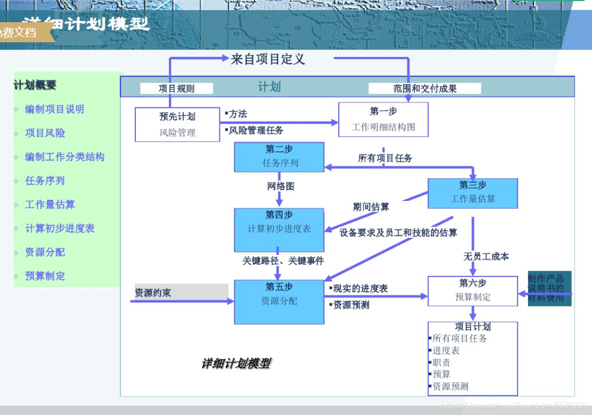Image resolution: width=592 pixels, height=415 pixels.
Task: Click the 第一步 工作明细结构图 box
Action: coord(383,119)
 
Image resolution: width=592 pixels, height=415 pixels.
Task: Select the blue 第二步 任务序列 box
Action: coord(279,156)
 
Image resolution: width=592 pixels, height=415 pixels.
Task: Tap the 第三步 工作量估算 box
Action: coord(473,193)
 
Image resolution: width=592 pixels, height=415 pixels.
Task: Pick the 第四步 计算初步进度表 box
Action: coord(279,229)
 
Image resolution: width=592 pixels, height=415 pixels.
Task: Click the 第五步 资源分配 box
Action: coord(279,301)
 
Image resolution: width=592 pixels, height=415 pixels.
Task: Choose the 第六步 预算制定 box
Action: coord(473,290)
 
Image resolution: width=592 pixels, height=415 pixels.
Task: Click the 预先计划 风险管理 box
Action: coord(177,125)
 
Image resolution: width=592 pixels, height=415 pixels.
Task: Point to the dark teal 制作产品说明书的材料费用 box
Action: coord(549,288)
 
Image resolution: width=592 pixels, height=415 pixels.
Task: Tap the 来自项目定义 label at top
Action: coord(268,59)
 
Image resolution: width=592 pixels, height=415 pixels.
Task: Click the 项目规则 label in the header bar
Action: coord(177,89)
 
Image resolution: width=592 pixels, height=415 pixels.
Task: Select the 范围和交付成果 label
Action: coord(424,89)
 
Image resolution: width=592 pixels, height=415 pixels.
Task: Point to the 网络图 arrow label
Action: coord(280,186)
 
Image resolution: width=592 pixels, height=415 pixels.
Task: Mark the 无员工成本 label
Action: coord(486,256)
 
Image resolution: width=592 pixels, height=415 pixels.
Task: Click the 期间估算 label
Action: coord(371,207)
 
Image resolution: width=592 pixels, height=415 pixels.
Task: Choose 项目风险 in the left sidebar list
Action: coord(45,133)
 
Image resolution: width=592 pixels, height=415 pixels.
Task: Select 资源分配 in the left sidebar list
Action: coord(45,252)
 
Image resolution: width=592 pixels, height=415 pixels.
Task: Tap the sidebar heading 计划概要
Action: coord(35,85)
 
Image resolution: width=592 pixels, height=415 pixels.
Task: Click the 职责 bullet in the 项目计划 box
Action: coord(441,363)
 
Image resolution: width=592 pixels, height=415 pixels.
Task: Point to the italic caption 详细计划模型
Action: coord(236,364)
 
